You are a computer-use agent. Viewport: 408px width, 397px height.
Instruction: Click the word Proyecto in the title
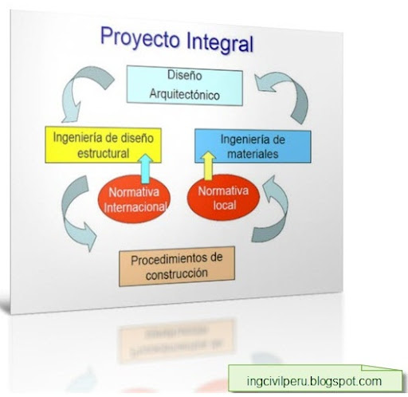coord(140,38)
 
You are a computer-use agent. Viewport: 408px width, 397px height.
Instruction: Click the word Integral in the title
coord(220,42)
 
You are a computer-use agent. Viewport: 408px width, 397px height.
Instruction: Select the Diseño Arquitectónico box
coord(185,85)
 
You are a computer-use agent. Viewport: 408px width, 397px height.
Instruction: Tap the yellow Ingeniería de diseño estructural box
coord(103,145)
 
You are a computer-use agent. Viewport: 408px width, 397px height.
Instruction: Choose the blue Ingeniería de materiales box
coord(253,146)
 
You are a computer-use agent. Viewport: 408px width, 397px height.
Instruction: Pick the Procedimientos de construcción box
coord(177,266)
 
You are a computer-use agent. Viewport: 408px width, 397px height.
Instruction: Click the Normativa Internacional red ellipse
coord(134,199)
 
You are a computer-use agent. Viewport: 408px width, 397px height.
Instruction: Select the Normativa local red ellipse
coord(223,198)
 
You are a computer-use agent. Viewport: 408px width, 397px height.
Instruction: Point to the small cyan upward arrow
coord(146,168)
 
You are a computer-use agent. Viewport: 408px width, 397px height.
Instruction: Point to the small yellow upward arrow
coord(208,166)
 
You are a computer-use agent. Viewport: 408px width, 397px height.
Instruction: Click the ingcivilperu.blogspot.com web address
coord(314,381)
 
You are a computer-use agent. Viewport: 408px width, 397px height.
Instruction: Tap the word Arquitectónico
coord(185,94)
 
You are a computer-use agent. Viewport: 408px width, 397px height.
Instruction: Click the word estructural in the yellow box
coord(104,154)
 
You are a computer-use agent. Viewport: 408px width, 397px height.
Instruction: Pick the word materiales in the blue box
coord(253,154)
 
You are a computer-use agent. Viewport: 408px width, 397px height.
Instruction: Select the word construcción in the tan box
coord(177,274)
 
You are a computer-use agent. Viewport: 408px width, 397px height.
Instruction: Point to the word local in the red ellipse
coord(225,205)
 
